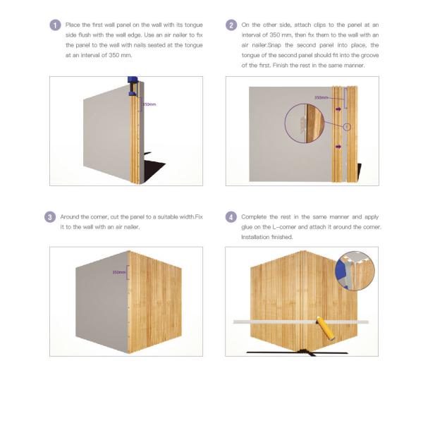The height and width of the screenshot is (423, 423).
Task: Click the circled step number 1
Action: (56, 25)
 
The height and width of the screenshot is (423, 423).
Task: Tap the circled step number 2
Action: (231, 25)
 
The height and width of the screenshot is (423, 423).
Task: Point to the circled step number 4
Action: (231, 216)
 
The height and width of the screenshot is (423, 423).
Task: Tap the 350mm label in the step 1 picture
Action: (148, 104)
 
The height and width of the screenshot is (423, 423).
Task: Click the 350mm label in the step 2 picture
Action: (321, 97)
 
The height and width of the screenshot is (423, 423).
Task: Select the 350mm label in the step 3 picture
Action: (119, 271)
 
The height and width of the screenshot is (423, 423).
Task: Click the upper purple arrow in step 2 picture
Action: (339, 109)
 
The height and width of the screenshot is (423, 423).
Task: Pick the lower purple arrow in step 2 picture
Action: (339, 146)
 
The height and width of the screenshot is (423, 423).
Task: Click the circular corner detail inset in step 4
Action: (355, 270)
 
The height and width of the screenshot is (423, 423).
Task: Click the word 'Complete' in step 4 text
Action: (255, 216)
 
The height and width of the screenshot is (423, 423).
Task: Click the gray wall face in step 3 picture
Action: (99, 303)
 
